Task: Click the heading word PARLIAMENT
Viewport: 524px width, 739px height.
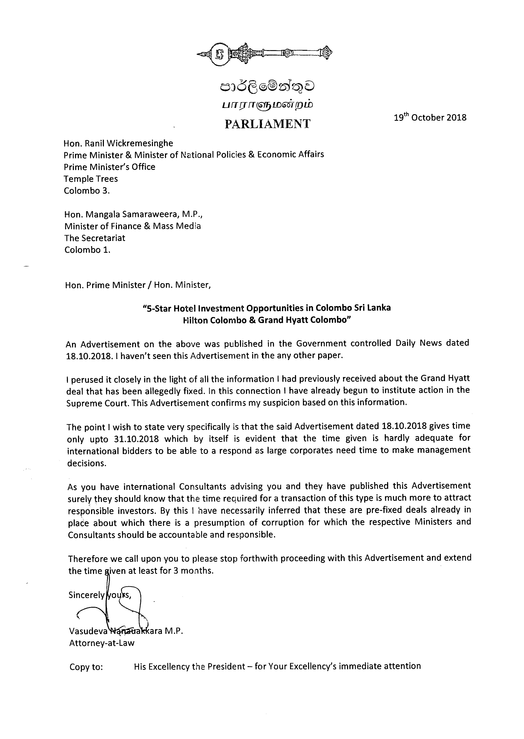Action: click(268, 124)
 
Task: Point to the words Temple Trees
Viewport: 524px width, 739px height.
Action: click(91, 179)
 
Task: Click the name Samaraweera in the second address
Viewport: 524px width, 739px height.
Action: click(143, 214)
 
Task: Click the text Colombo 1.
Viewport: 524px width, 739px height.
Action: click(87, 250)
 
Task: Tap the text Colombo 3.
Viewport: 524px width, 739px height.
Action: click(87, 191)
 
